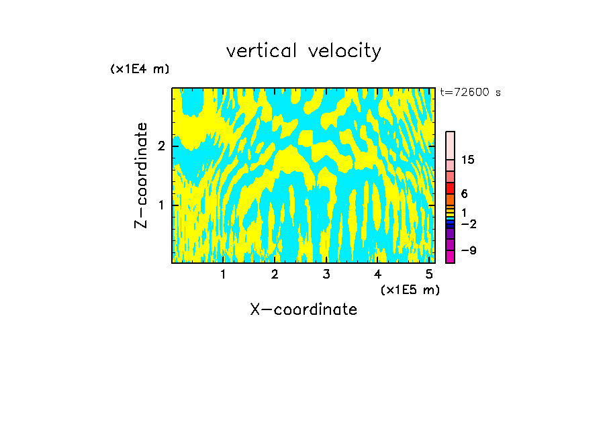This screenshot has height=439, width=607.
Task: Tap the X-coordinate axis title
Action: coord(303,309)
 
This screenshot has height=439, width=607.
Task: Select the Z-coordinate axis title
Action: coord(141,175)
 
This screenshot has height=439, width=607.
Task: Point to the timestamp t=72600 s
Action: coord(470,93)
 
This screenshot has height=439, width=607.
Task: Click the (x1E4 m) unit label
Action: coord(140,69)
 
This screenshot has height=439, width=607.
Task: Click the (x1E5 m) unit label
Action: coord(410,289)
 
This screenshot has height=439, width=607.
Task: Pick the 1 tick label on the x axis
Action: coord(224,275)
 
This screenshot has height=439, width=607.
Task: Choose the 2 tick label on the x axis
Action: coord(275,275)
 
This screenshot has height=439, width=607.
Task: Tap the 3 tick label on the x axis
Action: coord(326,275)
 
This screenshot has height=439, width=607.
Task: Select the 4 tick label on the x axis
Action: coord(377,275)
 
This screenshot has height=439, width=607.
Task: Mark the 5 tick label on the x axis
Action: coord(428,275)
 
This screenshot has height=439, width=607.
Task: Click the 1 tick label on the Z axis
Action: coord(161,205)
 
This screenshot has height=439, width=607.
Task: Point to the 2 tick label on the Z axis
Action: coord(161,146)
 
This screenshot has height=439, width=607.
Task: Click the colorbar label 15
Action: coord(468,160)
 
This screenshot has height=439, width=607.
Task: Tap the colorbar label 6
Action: coord(464,194)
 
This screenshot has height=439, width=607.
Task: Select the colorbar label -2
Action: coord(468,224)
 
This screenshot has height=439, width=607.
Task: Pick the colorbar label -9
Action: coord(468,250)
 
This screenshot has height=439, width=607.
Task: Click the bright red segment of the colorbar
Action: coord(450,188)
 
